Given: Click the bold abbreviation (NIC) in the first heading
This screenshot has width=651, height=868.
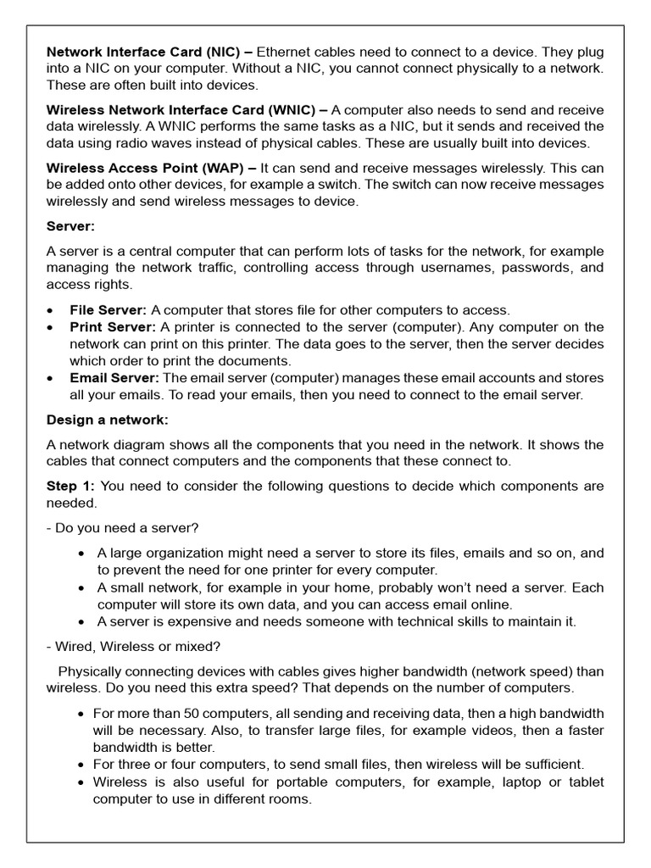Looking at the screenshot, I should (x=214, y=52).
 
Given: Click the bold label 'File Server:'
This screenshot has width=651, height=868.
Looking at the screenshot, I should (x=108, y=310).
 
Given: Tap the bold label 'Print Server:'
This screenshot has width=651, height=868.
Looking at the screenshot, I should (x=113, y=327).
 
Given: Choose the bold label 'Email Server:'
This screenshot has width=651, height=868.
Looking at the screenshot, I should (x=114, y=377).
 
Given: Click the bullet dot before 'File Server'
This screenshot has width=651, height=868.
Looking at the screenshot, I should (x=53, y=311).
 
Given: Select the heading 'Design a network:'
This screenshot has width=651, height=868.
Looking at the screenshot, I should (x=108, y=420).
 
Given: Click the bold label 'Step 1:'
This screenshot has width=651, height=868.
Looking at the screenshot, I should (x=70, y=486).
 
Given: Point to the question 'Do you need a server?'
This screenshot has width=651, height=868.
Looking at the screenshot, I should (x=126, y=528).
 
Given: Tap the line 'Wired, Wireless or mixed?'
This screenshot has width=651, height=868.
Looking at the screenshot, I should (x=137, y=647).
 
